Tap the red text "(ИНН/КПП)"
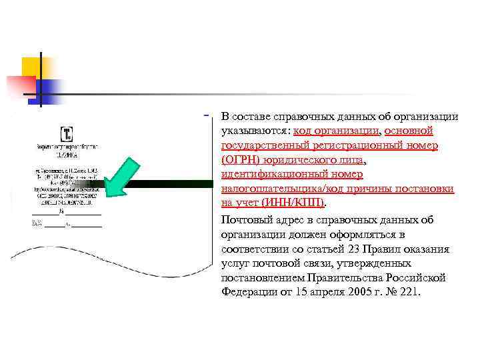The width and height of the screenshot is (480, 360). click(x=293, y=203)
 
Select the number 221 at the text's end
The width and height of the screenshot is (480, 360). click(x=407, y=292)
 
